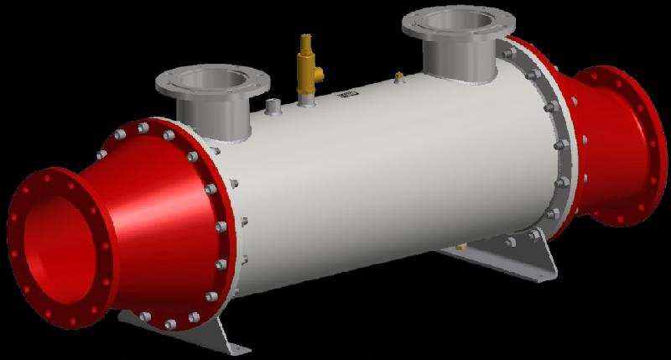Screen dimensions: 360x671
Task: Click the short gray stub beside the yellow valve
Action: click(273, 107)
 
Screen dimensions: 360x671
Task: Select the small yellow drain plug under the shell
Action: click(461, 248)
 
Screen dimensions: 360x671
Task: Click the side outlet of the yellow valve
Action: click(320, 78)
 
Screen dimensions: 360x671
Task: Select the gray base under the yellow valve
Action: click(306, 101)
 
